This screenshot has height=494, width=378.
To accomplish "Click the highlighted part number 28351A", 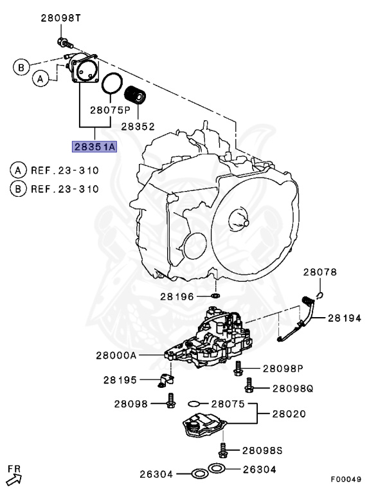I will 94,147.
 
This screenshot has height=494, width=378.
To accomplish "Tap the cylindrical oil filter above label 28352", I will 136,94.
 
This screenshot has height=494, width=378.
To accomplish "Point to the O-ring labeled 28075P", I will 112,84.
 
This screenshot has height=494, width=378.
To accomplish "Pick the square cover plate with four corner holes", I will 84,70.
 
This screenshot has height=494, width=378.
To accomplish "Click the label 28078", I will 319,272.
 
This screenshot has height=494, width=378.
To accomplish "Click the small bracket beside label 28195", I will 164,381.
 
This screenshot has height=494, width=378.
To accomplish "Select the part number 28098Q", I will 249,387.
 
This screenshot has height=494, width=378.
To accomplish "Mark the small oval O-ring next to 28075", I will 195,404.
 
